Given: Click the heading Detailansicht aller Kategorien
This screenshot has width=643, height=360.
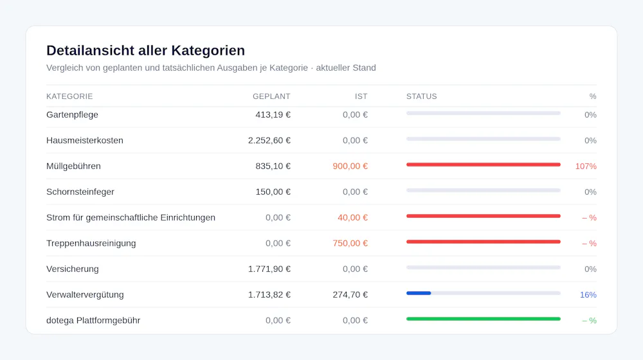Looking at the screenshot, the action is [x=145, y=50].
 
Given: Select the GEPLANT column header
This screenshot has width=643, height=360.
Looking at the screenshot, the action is [x=271, y=96].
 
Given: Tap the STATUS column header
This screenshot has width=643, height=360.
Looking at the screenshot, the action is [x=422, y=96].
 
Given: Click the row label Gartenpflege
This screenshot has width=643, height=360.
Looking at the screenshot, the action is [x=72, y=115].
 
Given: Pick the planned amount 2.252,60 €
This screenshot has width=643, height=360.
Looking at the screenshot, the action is [x=269, y=140].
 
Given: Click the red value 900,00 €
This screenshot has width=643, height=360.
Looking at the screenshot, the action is [x=350, y=166].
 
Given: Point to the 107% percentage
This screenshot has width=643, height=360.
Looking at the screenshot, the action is [x=586, y=166].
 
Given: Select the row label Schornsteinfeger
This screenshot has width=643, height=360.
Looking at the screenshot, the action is [x=80, y=192].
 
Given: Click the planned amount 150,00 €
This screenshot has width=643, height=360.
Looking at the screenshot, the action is [x=273, y=192].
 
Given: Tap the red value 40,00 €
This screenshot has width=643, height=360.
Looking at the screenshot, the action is [x=352, y=218].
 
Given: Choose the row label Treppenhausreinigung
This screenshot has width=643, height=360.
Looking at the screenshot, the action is [x=91, y=243].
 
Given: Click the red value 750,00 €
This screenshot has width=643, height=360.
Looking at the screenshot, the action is [x=350, y=243].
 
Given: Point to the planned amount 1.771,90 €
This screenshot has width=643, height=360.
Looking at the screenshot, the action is [x=269, y=269].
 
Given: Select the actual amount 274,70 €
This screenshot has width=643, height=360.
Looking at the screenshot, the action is [x=350, y=295].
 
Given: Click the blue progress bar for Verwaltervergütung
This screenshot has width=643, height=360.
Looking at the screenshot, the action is [x=419, y=293].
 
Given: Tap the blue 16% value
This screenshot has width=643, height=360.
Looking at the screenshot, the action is [x=588, y=295].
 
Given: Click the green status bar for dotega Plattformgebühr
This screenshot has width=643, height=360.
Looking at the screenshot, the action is [x=484, y=319].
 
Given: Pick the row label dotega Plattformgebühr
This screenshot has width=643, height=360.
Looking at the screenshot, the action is [x=93, y=320].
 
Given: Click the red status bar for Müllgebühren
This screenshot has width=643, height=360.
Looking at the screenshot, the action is [x=484, y=165].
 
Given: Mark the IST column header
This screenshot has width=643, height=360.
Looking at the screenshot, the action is [x=361, y=96].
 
